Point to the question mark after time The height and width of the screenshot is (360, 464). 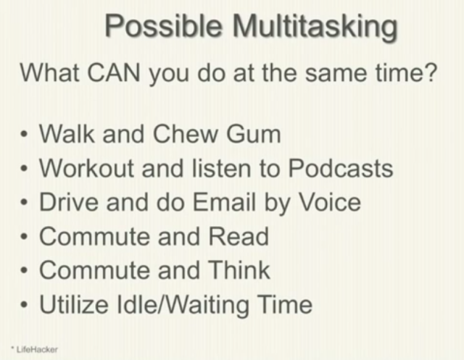click(431, 73)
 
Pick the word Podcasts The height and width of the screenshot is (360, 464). click(340, 168)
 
